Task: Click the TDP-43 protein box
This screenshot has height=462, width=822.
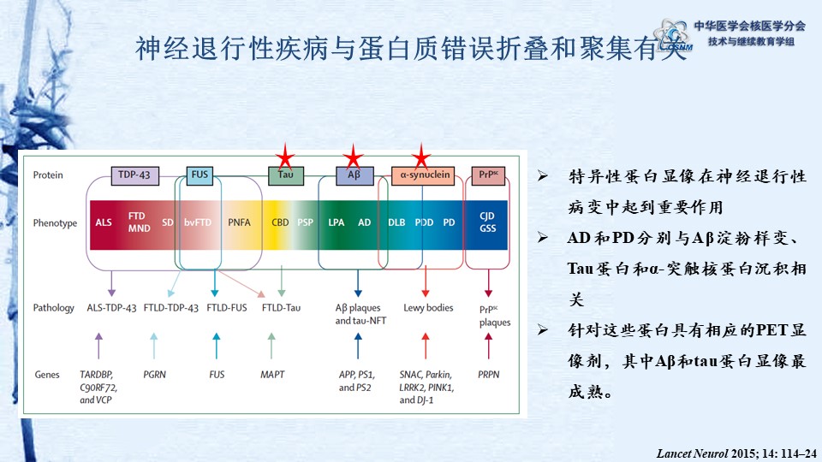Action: [x=134, y=175]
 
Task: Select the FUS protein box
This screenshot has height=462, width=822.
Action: [x=200, y=175]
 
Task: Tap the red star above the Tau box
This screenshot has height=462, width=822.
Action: [x=285, y=157]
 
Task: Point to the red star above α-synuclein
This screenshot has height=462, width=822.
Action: [x=421, y=157]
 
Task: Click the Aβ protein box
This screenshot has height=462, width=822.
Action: [x=354, y=175]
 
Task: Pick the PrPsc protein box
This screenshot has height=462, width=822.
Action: [x=488, y=175]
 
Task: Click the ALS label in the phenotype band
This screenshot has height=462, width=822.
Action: [x=104, y=222]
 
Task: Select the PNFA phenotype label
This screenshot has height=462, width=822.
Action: [x=239, y=222]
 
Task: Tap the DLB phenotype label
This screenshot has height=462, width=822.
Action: [x=396, y=222]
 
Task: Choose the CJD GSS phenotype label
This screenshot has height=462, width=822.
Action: [x=487, y=222]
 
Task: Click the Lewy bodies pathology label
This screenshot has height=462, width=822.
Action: [x=428, y=308]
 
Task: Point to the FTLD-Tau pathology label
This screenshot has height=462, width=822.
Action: [x=281, y=308]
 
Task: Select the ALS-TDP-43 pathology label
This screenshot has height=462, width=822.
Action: [x=111, y=308]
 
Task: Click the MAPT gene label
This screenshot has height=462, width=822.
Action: [x=272, y=375]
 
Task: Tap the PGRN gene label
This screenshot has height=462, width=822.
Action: [x=155, y=375]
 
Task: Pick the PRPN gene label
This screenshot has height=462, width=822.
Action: [x=489, y=375]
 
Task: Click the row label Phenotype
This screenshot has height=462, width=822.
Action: [x=55, y=223]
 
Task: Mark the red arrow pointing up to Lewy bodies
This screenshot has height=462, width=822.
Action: [x=426, y=346]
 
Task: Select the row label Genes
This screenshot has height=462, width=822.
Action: [x=47, y=375]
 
